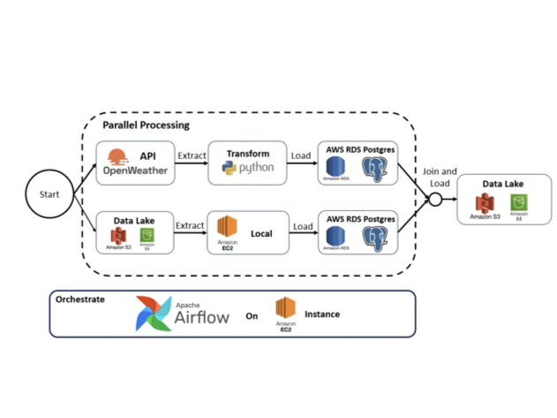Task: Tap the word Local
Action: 261,234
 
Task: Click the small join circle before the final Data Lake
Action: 433,201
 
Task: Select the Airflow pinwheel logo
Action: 156,313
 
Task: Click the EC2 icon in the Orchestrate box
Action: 284,310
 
